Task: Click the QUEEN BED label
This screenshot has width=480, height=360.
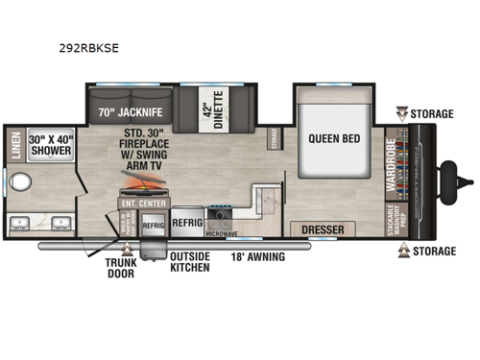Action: (334, 137)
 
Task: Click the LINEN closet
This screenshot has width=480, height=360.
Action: (15, 143)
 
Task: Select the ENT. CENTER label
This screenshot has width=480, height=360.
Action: (137, 203)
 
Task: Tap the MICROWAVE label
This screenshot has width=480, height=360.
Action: (223, 232)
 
